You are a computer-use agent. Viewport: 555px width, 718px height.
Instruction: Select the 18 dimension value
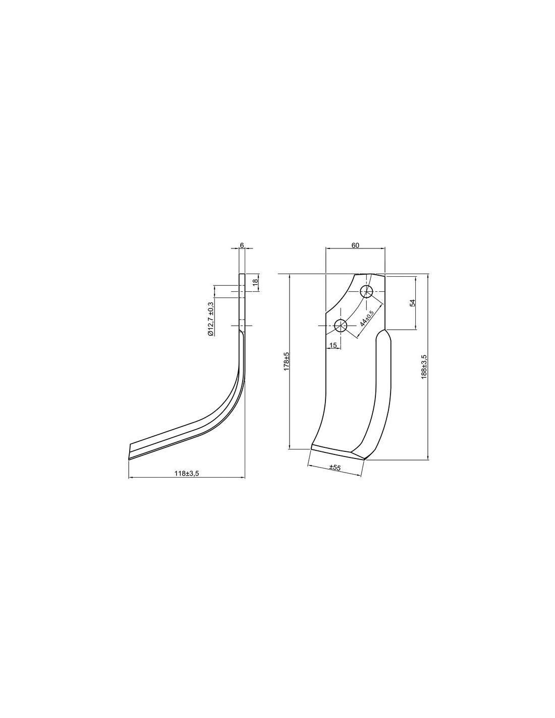pyautogui.click(x=255, y=283)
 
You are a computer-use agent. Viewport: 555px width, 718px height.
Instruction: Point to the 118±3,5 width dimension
pyautogui.click(x=187, y=473)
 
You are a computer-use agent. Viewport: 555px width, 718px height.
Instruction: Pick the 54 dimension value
pyautogui.click(x=413, y=302)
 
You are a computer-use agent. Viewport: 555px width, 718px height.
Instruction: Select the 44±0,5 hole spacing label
pyautogui.click(x=366, y=318)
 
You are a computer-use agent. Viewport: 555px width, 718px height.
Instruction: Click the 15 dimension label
pyautogui.click(x=333, y=345)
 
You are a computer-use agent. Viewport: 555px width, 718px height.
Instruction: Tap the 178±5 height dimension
pyautogui.click(x=287, y=361)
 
